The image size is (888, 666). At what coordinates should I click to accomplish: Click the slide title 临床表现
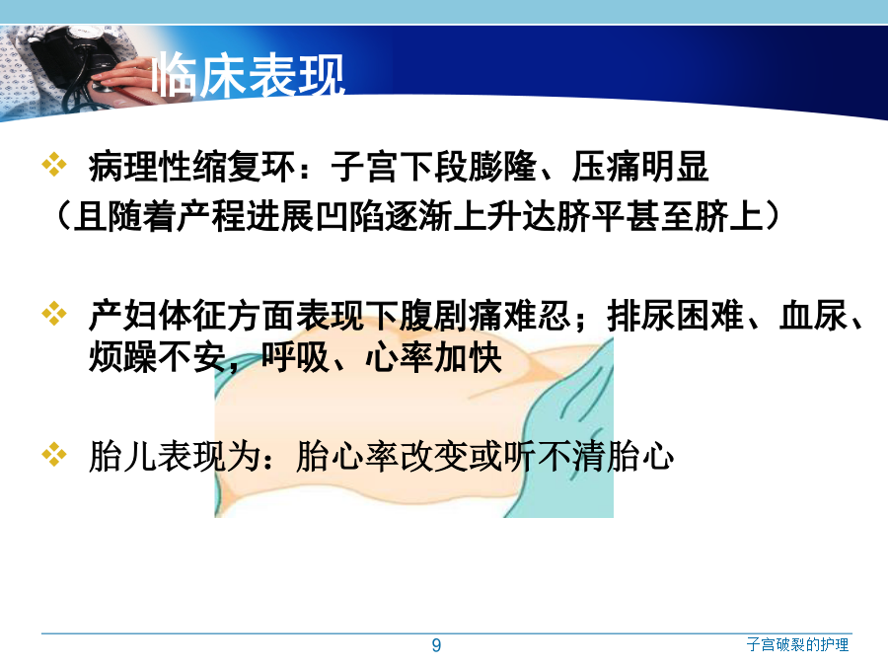coord(249,74)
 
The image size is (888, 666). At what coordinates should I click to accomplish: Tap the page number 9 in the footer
coord(436,645)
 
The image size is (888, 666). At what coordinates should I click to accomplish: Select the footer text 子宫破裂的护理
coord(797,644)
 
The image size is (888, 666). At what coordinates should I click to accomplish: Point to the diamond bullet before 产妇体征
coord(54,314)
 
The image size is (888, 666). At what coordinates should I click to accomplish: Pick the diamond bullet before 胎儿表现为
coord(54,454)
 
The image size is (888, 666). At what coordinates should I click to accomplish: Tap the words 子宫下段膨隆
coord(433,167)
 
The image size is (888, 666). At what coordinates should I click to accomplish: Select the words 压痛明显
coord(640,167)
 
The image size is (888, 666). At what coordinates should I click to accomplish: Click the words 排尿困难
coord(675,316)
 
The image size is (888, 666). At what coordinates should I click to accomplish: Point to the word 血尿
coord(813,316)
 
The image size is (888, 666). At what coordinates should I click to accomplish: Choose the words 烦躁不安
coord(157,357)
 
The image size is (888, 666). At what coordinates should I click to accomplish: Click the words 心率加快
coord(433,357)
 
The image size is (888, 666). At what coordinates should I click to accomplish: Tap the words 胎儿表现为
coord(174,457)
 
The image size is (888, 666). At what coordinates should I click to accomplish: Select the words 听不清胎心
coord(588,457)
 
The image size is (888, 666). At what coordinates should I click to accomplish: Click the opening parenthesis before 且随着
coord(63,216)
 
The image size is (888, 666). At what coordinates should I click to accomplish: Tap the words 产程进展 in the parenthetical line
coord(246,216)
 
